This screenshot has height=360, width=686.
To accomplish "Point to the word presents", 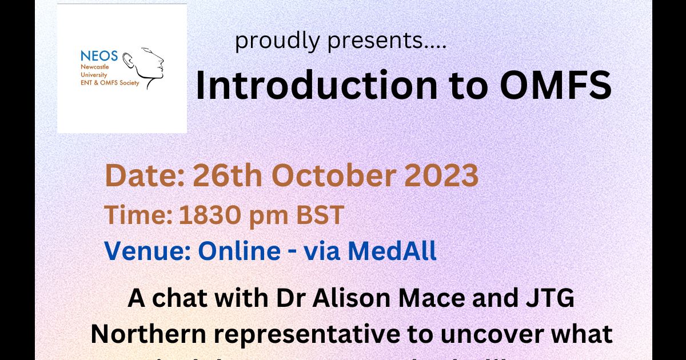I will tap(382, 41).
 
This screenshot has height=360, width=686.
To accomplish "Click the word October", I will tap(328, 177).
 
